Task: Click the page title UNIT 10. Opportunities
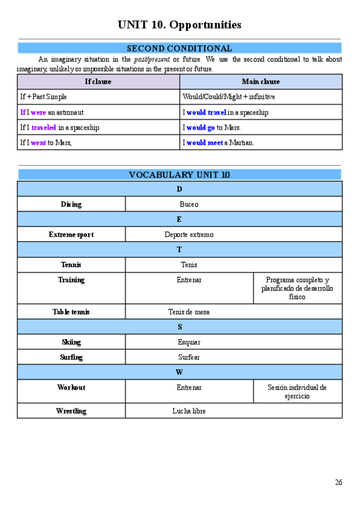pyautogui.click(x=179, y=25)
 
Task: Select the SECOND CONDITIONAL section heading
pyautogui.click(x=179, y=49)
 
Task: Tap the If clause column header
pyautogui.click(x=98, y=82)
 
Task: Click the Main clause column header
pyautogui.click(x=260, y=82)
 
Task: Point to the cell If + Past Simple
pyautogui.click(x=43, y=97)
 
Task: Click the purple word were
pyautogui.click(x=38, y=112)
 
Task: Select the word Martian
pyautogui.click(x=242, y=143)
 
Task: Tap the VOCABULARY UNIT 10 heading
pyautogui.click(x=179, y=175)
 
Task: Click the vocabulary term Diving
pyautogui.click(x=71, y=204)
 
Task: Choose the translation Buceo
pyautogui.click(x=188, y=204)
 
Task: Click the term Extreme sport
pyautogui.click(x=71, y=235)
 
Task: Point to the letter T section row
pyautogui.click(x=179, y=250)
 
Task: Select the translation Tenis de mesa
pyautogui.click(x=188, y=312)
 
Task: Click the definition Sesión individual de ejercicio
pyautogui.click(x=297, y=392)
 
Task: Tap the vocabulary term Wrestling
pyautogui.click(x=71, y=411)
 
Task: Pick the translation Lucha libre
pyautogui.click(x=188, y=411)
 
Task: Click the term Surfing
pyautogui.click(x=71, y=357)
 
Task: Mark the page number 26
pyautogui.click(x=338, y=482)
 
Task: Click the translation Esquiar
pyautogui.click(x=188, y=342)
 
